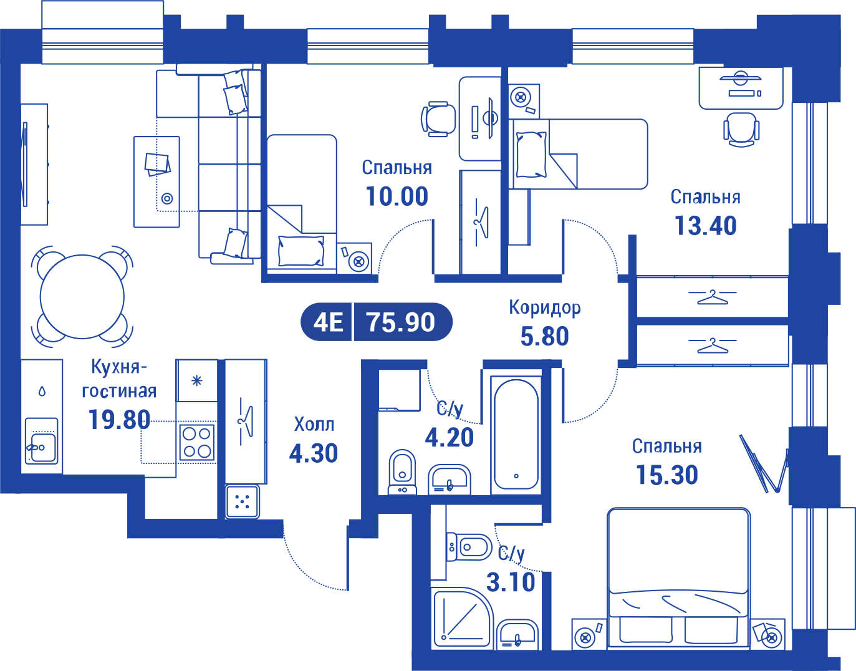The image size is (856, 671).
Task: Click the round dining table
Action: [82, 297]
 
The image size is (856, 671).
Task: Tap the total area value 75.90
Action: [401, 322]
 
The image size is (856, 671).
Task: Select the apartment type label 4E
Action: [328, 322]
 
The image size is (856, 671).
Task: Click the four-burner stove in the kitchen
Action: [197, 443]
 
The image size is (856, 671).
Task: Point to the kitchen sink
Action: [41, 442]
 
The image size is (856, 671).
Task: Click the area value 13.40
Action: [706, 226]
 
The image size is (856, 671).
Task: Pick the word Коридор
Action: [545, 307]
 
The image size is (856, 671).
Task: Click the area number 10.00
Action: [397, 196]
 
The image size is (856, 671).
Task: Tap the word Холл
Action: [314, 424]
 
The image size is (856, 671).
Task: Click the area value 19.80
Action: [119, 420]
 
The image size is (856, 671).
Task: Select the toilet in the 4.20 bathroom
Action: [402, 472]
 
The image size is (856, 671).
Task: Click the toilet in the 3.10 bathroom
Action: [469, 547]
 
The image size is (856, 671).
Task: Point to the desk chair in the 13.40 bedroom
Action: [741, 130]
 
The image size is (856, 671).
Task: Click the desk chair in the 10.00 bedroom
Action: [438, 119]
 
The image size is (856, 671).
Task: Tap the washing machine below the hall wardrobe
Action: [243, 501]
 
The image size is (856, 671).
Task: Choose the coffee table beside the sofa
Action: [156, 181]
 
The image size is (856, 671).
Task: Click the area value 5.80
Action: [545, 336]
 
